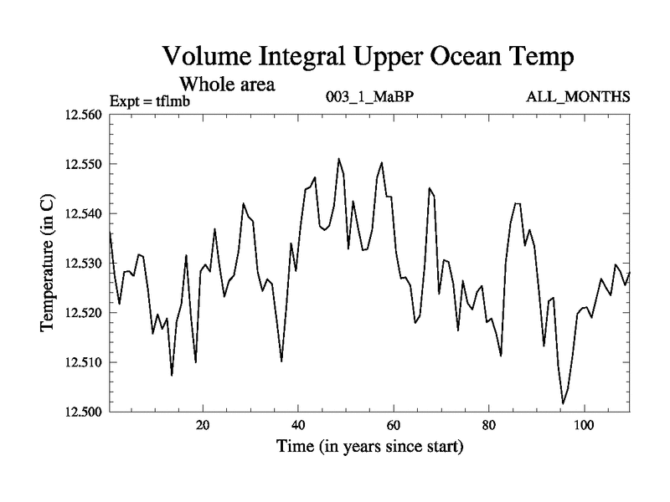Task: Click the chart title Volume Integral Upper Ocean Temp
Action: [368, 57]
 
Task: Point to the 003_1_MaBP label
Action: [369, 97]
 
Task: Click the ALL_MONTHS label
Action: [578, 97]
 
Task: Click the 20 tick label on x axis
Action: [203, 424]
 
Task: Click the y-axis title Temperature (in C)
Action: [48, 263]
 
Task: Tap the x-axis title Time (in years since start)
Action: [369, 446]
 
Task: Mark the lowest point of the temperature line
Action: [563, 403]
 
